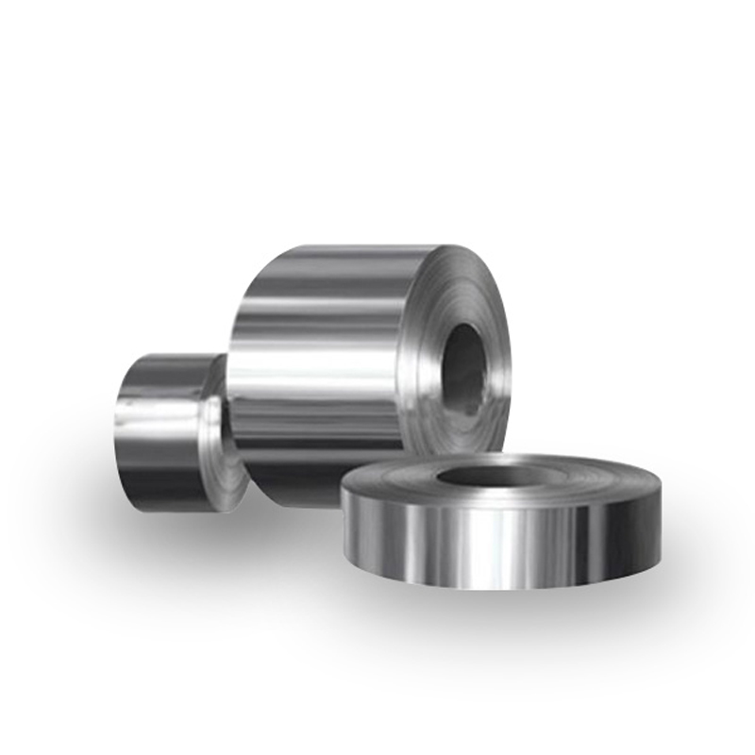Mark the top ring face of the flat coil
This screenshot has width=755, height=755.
[585, 481]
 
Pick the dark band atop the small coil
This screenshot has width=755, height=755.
[165, 370]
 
